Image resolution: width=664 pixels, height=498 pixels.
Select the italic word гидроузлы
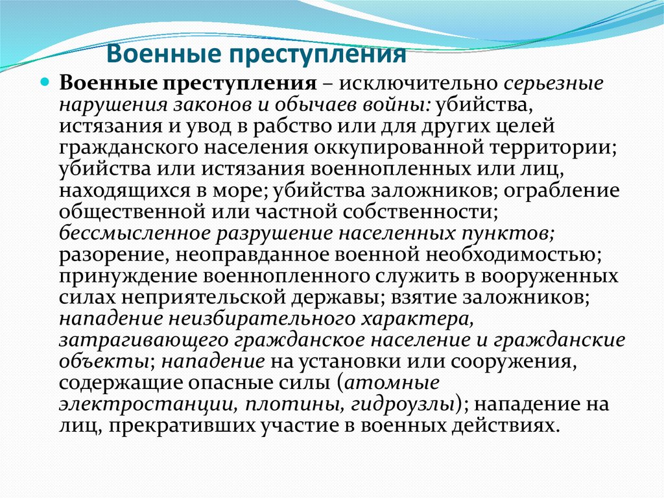pyautogui.click(x=402, y=404)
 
